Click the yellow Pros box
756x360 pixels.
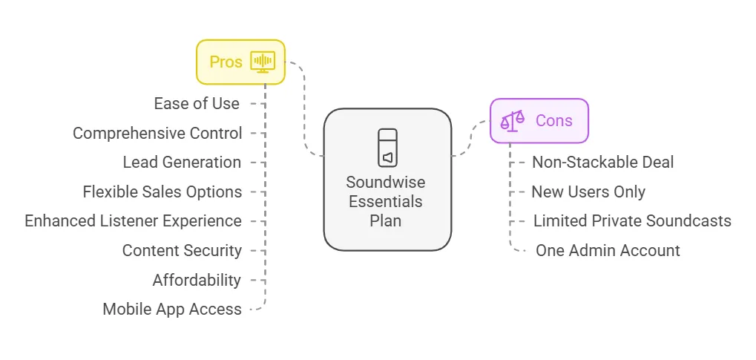pos(240,62)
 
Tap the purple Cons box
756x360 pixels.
pos(539,120)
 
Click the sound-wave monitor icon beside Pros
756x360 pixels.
pos(263,61)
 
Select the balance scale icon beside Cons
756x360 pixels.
pos(513,120)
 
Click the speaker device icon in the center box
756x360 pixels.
pos(387,148)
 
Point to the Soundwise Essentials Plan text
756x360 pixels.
pos(386,201)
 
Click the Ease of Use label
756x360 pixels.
pos(197,103)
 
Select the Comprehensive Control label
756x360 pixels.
pos(157,133)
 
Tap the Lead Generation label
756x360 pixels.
pos(182,162)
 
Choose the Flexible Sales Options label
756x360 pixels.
pos(162,192)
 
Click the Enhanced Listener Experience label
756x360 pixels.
pos(133,220)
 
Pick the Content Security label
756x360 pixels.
pos(182,250)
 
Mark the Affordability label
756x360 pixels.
pos(197,280)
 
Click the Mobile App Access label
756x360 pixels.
pos(172,309)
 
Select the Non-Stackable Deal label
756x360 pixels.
pos(602,162)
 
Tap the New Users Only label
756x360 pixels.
pos(588,192)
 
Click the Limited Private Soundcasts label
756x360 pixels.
pos(632,220)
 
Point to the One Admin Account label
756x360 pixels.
pos(608,250)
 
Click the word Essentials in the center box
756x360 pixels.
pos(386,201)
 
